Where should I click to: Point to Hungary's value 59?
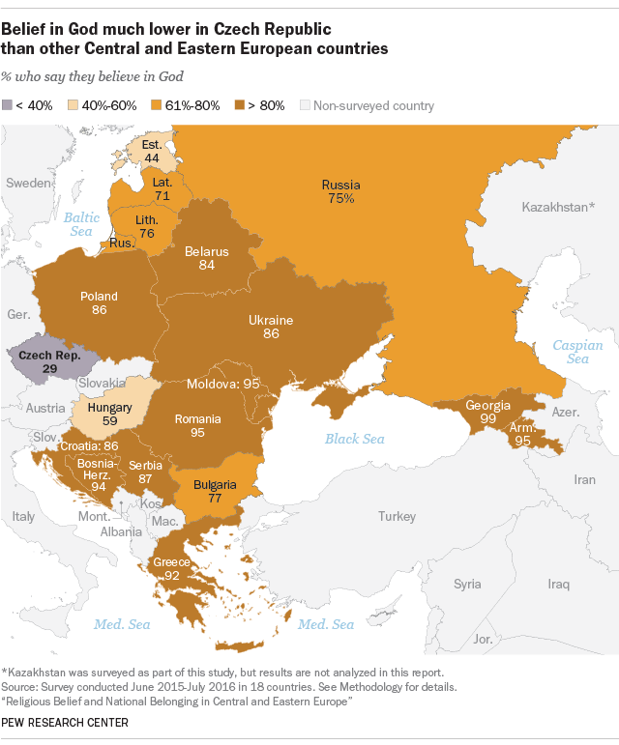(x=109, y=421)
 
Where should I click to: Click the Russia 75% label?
(x=340, y=197)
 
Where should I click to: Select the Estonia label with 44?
(x=150, y=153)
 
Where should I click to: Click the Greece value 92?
(x=173, y=576)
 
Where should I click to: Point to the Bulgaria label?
(x=214, y=484)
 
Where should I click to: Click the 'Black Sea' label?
(x=354, y=439)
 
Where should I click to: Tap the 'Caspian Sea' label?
(x=577, y=352)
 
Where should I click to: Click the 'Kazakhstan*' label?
(x=559, y=207)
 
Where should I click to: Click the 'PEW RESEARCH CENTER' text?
(x=65, y=722)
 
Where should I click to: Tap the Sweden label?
(x=28, y=183)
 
